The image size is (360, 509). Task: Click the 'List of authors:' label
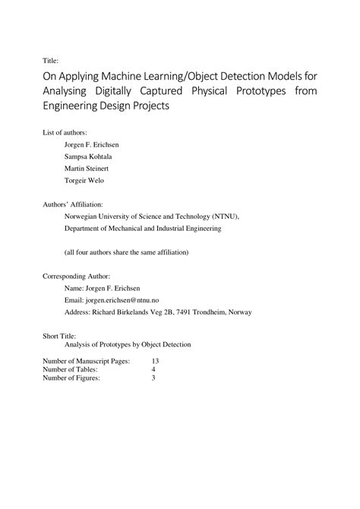[70, 132]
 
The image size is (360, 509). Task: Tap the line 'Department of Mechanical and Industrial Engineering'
[143, 227]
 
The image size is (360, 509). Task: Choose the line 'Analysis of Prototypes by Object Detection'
[128, 344]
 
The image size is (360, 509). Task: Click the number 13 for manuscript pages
[156, 361]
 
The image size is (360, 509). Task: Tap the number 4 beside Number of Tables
[153, 369]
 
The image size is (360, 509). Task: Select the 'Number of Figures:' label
[71, 378]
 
